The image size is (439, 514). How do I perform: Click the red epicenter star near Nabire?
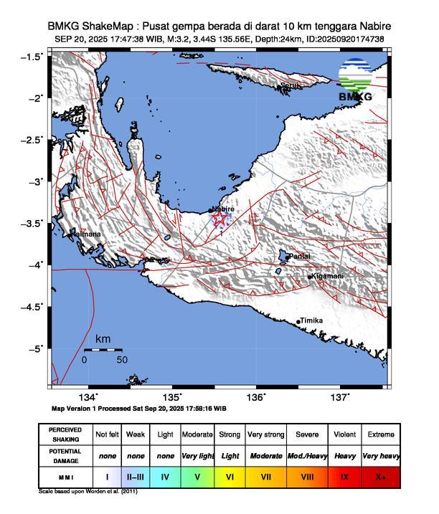(x=219, y=218)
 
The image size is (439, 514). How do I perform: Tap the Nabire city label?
(x=223, y=209)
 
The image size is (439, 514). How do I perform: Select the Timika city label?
(x=311, y=320)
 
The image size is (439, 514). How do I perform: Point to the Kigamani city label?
(x=326, y=276)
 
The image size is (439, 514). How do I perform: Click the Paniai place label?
(x=299, y=256)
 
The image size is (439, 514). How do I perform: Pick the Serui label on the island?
(x=289, y=85)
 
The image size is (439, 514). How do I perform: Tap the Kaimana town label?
(x=85, y=234)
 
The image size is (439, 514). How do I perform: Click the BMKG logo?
(x=355, y=83)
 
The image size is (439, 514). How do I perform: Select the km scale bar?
(x=103, y=350)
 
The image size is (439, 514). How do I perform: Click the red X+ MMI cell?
(x=379, y=476)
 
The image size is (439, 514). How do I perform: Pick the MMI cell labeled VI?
(x=230, y=476)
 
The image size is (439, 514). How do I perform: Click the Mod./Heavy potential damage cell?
(x=305, y=455)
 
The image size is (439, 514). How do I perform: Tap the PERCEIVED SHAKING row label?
(x=66, y=434)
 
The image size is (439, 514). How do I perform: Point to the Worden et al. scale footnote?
(x=88, y=492)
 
